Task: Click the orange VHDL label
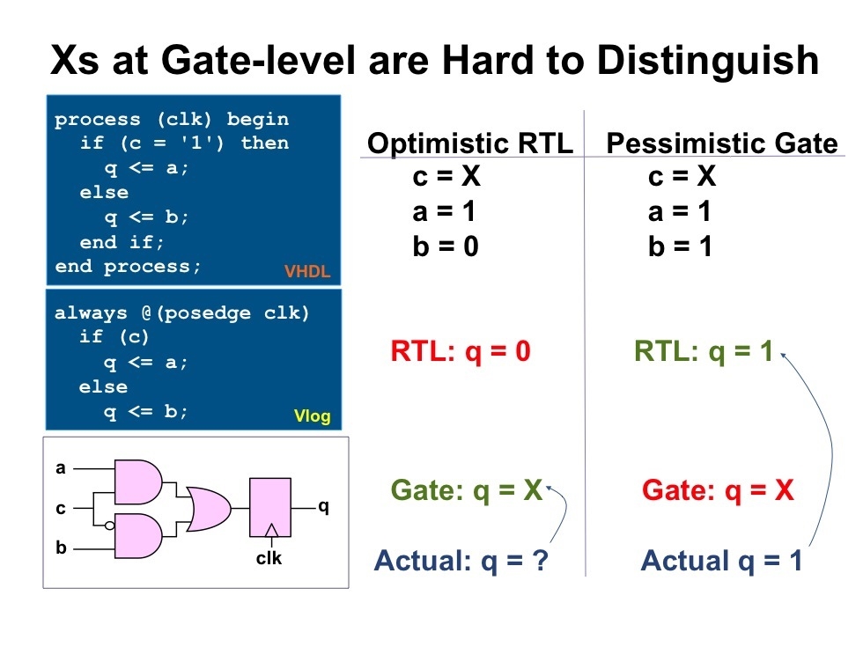(x=306, y=272)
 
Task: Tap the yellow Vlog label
(x=312, y=416)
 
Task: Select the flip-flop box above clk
(x=275, y=508)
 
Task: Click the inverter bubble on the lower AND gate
(x=108, y=526)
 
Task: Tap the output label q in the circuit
(x=323, y=507)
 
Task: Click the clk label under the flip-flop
(x=269, y=557)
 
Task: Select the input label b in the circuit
(x=61, y=548)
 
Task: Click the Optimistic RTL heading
(x=469, y=143)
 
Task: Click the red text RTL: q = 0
(x=461, y=352)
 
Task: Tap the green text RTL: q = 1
(x=703, y=352)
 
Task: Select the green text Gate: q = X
(x=466, y=490)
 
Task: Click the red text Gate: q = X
(x=718, y=490)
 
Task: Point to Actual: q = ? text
(x=461, y=560)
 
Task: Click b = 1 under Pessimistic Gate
(x=680, y=246)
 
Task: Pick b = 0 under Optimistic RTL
(x=445, y=246)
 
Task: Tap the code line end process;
(x=129, y=266)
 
